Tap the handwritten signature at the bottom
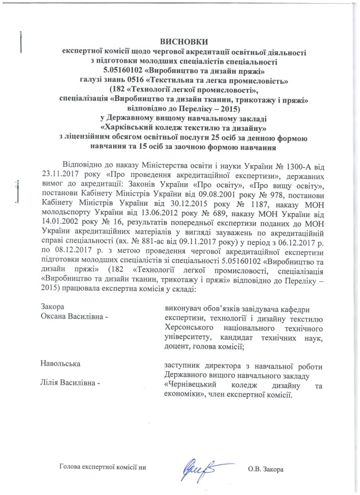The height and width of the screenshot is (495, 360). pos(199,467)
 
